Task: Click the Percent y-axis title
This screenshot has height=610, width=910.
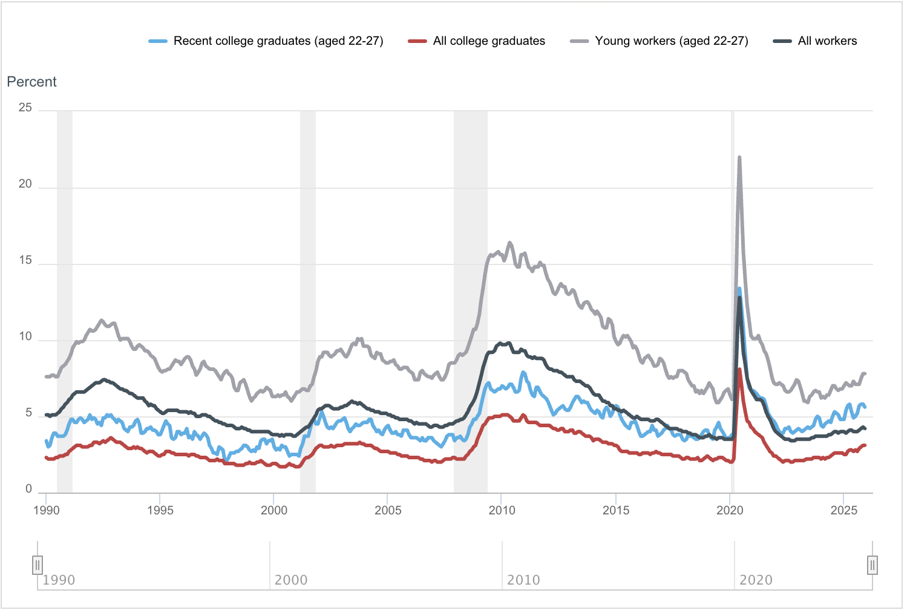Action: tap(31, 82)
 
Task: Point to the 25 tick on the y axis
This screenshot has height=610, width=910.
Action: tap(25, 108)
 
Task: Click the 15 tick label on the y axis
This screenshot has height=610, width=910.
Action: tap(25, 261)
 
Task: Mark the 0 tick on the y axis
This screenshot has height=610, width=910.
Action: tap(28, 490)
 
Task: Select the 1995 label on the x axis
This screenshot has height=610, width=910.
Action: tap(160, 510)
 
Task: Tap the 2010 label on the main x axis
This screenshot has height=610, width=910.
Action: tap(502, 510)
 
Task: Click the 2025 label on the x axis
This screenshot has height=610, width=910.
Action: tap(843, 510)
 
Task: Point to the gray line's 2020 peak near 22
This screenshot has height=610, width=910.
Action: tap(739, 158)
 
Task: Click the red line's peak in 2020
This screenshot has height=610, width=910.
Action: tap(739, 369)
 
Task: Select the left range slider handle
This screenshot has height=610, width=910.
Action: tap(38, 565)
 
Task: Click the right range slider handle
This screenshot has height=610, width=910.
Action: tap(872, 565)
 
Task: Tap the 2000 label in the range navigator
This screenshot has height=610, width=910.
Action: tap(291, 580)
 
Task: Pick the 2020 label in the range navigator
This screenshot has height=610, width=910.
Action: tap(756, 580)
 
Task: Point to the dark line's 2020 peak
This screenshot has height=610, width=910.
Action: tap(739, 298)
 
